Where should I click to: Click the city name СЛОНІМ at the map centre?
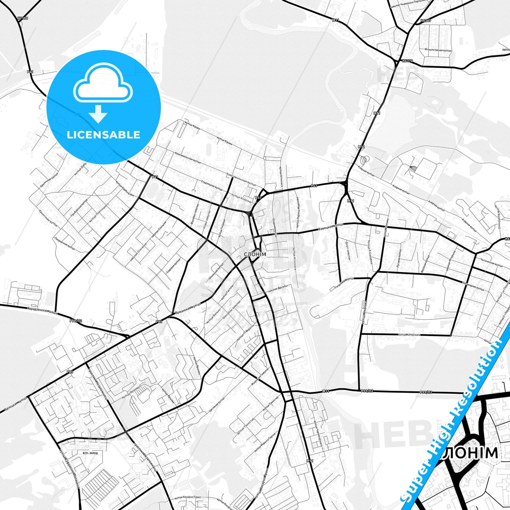click(255, 254)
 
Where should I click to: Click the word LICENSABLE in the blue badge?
click(103, 134)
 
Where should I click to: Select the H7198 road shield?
click(22, 18)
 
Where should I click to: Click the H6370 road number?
click(407, 61)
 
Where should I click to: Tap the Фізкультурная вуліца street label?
click(438, 50)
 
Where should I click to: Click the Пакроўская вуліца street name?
click(65, 243)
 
